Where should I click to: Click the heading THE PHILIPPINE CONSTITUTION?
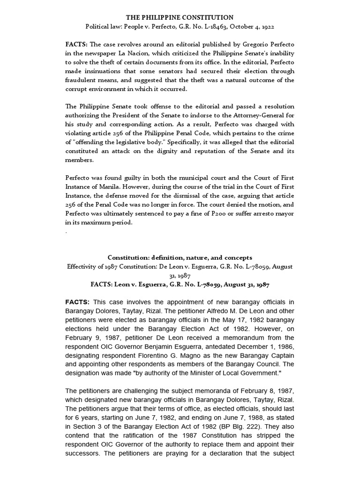[x=180, y=17]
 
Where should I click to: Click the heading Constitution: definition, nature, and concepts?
[x=180, y=257]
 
